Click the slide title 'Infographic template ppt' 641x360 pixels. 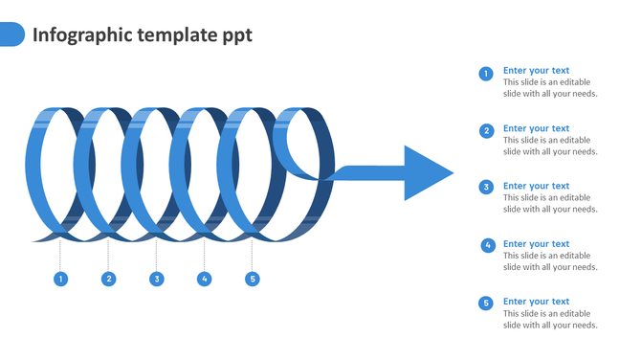click(x=143, y=35)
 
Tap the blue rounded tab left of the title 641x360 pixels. click(x=11, y=34)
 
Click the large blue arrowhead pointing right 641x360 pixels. click(x=427, y=173)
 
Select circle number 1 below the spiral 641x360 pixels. click(x=60, y=279)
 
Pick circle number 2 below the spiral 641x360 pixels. click(x=108, y=279)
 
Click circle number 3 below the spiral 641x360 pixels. click(x=156, y=279)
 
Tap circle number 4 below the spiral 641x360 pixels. click(x=204, y=279)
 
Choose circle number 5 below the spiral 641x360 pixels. click(x=253, y=279)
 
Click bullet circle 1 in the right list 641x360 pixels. click(x=486, y=74)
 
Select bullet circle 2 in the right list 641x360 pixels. click(x=486, y=131)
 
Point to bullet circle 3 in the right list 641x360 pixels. click(x=486, y=188)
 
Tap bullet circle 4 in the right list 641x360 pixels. click(x=487, y=245)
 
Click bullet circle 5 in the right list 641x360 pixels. click(x=486, y=303)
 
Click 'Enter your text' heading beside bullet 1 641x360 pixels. click(x=536, y=70)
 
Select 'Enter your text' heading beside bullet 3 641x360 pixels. click(x=536, y=186)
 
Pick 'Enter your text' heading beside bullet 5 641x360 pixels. click(x=536, y=302)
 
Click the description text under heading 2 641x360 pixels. click(x=550, y=146)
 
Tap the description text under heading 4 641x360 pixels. click(x=550, y=261)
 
